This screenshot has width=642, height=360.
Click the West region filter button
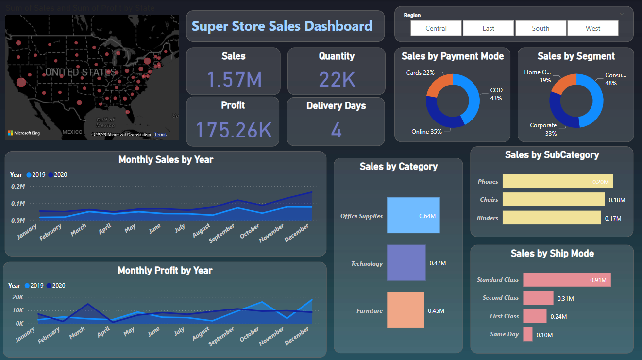tap(592, 28)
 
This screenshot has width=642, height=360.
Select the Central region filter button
tap(436, 28)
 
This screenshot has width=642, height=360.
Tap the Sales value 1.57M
tap(234, 79)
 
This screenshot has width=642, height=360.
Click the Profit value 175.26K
tap(234, 130)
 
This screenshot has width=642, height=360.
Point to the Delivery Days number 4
tap(336, 130)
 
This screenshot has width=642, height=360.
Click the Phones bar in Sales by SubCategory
tap(558, 181)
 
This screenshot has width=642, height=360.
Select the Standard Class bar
tap(566, 279)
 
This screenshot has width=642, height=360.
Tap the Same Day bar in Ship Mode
tap(527, 334)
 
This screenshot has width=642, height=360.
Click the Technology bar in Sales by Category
tap(406, 263)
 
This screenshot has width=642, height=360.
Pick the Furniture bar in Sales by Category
tap(405, 310)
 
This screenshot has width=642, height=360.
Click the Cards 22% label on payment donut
tap(420, 73)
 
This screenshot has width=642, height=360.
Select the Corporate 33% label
tap(543, 129)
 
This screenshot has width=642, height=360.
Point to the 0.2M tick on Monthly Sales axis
tap(18, 187)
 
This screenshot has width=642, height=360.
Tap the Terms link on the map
tap(160, 135)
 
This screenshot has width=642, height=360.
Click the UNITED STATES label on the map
tap(80, 72)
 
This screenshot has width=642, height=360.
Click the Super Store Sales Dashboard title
tap(282, 26)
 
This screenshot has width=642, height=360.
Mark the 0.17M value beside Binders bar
tap(613, 218)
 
